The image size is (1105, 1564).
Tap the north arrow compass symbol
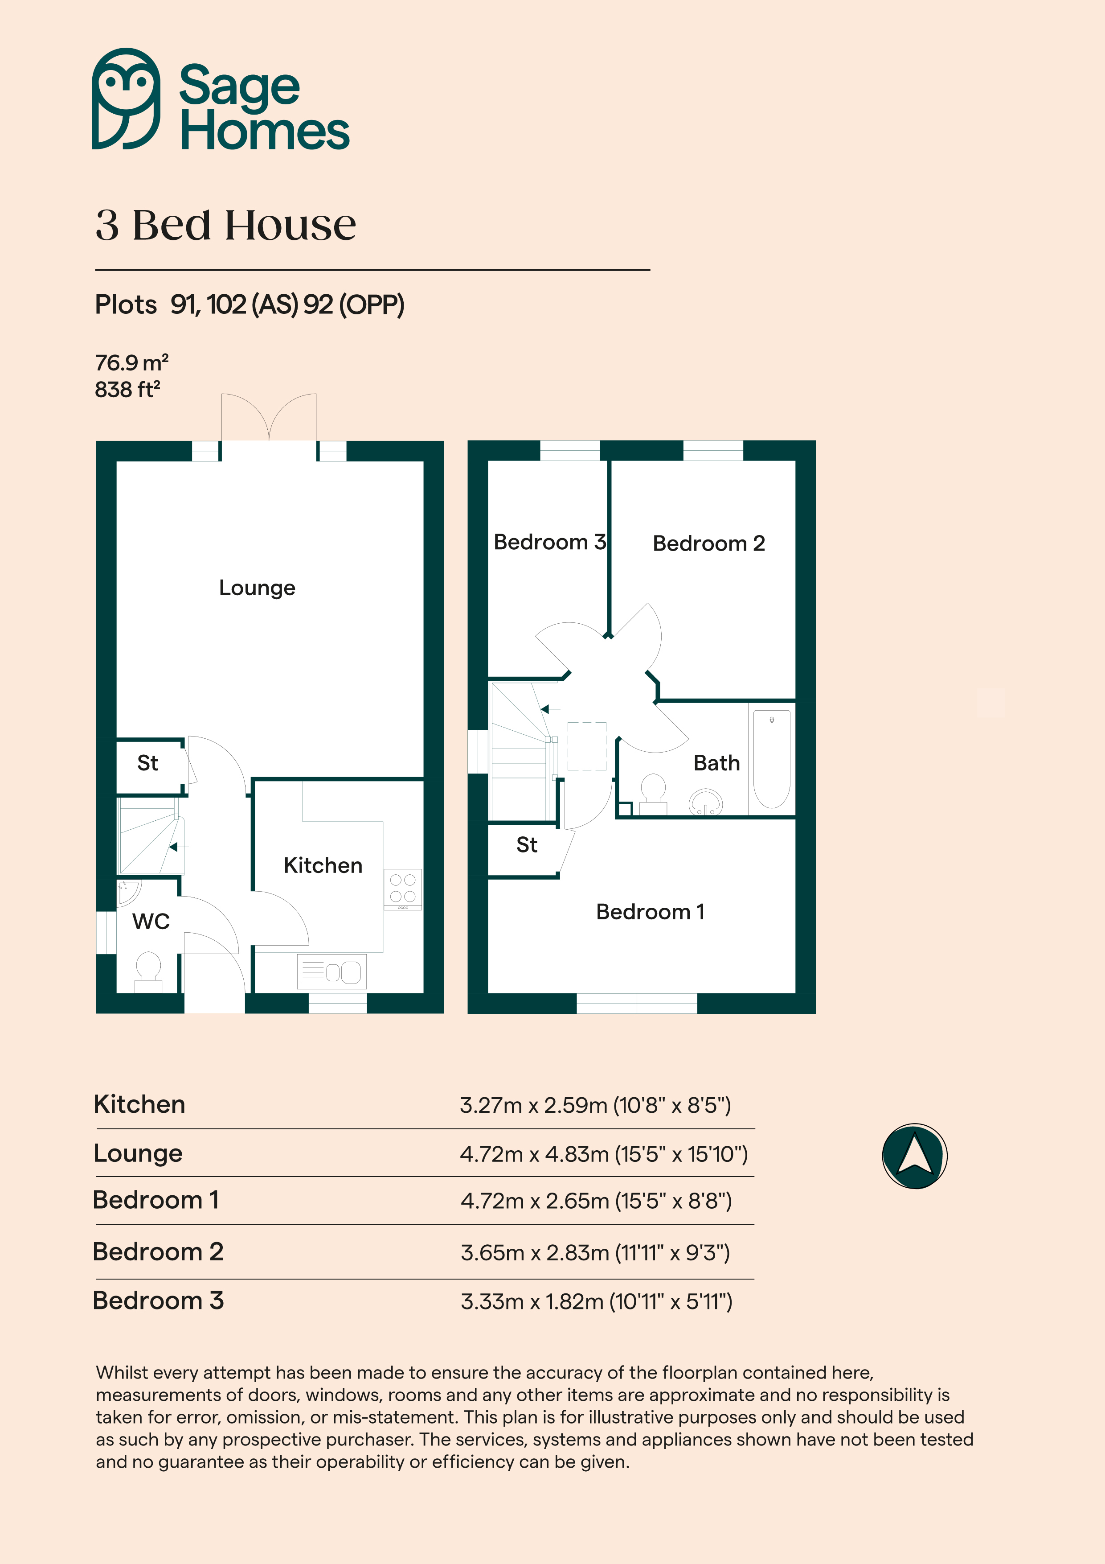(x=914, y=1156)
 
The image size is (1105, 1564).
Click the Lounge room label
(x=258, y=588)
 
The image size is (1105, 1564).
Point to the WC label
(x=151, y=921)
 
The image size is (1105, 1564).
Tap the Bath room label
(x=716, y=763)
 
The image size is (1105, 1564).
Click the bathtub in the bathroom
(x=771, y=759)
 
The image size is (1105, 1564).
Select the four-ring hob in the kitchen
(x=402, y=889)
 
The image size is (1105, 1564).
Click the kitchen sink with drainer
(x=331, y=971)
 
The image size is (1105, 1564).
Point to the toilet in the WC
(x=148, y=972)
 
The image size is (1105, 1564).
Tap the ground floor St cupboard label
(x=148, y=763)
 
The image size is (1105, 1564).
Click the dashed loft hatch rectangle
(x=587, y=746)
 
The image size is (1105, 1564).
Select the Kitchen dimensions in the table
(x=595, y=1105)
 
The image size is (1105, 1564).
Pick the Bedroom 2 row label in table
(x=158, y=1251)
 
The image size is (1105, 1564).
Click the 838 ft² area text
(x=127, y=390)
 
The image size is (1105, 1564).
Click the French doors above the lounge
(x=269, y=418)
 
